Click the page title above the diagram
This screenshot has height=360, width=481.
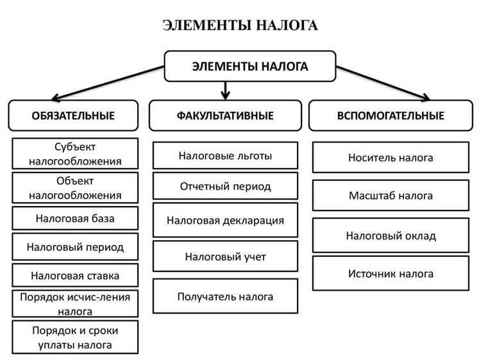click(240, 26)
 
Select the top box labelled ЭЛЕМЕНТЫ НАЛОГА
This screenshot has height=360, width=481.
click(250, 66)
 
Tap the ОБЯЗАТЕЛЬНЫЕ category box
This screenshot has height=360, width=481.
click(73, 116)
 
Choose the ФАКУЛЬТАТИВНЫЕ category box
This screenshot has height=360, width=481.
click(225, 116)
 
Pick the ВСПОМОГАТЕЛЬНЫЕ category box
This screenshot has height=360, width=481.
click(391, 116)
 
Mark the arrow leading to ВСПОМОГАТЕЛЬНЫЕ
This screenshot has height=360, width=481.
click(385, 83)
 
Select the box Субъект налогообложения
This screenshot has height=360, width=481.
click(75, 154)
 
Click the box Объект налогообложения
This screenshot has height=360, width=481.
click(75, 187)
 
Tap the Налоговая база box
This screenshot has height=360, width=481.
click(75, 218)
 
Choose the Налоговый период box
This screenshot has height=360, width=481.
click(75, 246)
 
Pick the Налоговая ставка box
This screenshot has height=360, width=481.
click(75, 276)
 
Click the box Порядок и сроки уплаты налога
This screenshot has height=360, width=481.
click(75, 337)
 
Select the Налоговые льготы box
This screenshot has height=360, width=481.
click(225, 155)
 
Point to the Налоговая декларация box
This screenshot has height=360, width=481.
click(225, 220)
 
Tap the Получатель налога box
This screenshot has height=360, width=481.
click(225, 296)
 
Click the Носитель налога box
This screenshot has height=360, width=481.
click(391, 157)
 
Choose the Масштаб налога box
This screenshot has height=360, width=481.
click(391, 196)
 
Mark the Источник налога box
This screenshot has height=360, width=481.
click(391, 273)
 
